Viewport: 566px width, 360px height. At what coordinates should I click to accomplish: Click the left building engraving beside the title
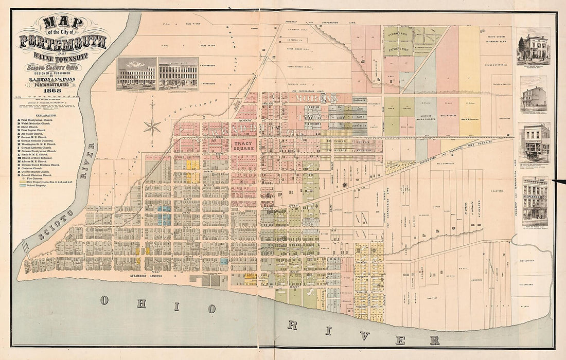click(136, 74)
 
